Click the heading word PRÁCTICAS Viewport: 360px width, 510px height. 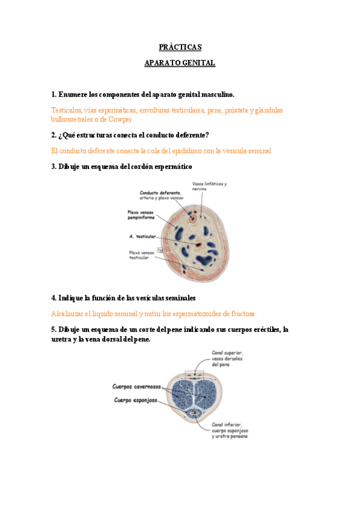pos(180,47)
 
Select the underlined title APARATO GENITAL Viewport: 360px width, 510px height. pos(180,63)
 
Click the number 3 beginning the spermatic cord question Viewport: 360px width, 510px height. pos(53,166)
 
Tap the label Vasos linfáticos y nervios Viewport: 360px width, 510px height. pos(209,186)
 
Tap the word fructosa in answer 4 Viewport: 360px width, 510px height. pos(241,313)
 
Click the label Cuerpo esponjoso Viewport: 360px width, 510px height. pos(136,399)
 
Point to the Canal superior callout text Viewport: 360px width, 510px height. pos(228,358)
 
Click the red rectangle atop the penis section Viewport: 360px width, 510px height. pos(194,374)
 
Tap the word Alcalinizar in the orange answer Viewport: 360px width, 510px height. pos(69,313)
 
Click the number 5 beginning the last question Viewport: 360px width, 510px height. pos(53,329)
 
